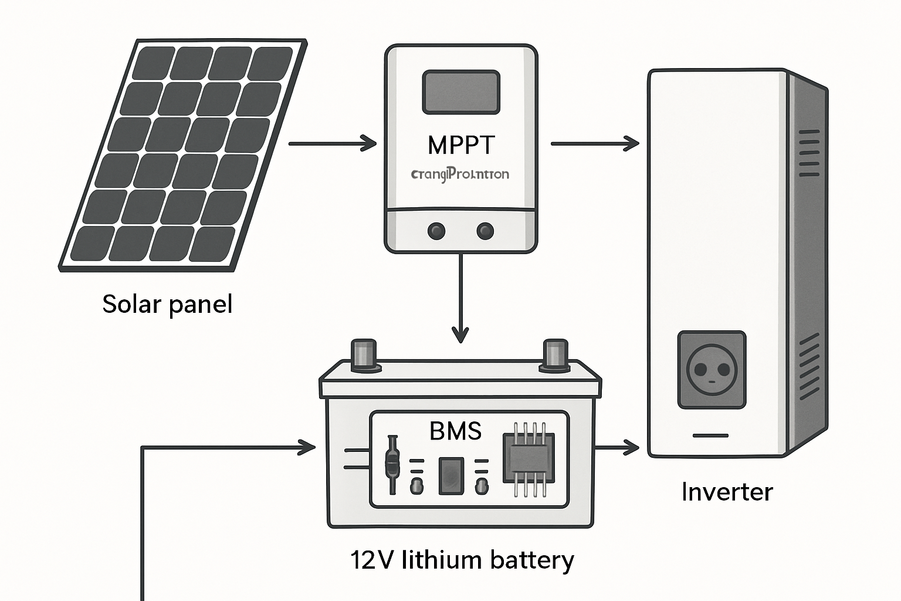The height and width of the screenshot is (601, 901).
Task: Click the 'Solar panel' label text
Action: (x=167, y=304)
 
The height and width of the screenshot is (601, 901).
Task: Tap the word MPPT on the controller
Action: (x=461, y=145)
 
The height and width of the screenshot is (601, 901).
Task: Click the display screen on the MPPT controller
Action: (x=461, y=92)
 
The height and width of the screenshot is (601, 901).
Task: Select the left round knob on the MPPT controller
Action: (x=436, y=231)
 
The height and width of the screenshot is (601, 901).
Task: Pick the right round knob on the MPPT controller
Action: (x=485, y=231)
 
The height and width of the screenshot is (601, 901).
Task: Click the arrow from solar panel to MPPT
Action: (x=332, y=143)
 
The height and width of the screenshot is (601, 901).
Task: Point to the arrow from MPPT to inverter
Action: (x=594, y=143)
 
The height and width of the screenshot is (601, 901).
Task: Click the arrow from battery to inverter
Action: (x=617, y=448)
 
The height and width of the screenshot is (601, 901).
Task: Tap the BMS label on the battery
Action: (x=455, y=431)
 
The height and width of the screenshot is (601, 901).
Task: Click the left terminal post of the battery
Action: (x=363, y=354)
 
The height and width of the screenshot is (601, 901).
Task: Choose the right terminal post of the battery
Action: (x=555, y=354)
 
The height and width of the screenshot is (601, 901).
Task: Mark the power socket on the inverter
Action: (x=712, y=370)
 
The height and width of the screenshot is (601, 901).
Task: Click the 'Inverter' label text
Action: (x=727, y=492)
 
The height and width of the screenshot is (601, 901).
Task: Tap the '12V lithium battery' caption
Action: (x=462, y=560)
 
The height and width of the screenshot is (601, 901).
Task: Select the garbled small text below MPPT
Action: (x=460, y=174)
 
